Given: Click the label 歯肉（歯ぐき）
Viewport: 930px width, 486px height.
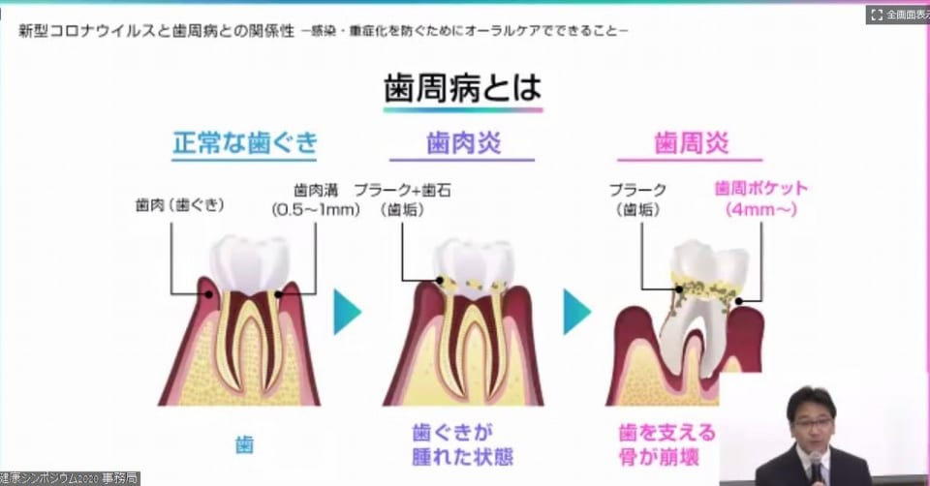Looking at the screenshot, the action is pos(180,206).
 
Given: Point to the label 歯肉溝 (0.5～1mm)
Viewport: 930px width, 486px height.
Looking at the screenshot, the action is pos(316,198).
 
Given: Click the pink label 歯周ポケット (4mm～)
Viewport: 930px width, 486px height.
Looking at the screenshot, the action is pos(760,197).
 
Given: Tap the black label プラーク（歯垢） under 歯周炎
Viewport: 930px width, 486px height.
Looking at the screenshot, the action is pos(638,198).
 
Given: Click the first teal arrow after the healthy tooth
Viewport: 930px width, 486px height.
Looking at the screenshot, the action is pos(346,312).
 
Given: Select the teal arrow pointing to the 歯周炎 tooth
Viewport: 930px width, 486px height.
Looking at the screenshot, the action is pos(576,312).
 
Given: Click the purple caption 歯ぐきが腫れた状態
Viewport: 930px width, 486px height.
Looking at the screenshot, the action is pos(461,443).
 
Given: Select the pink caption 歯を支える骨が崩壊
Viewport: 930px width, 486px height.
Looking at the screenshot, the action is pos(666,443).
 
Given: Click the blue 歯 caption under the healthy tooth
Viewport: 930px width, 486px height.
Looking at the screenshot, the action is pos(244,445).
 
